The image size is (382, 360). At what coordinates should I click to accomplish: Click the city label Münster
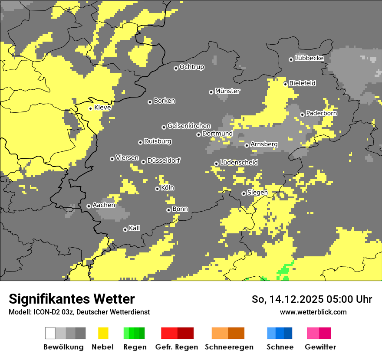tap(227, 91)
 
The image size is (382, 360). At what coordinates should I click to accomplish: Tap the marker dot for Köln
tap(157, 189)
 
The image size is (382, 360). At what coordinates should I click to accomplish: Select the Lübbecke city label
tap(310, 58)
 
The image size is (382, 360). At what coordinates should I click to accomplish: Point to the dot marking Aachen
tap(89, 206)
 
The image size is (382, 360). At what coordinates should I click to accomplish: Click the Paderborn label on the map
tap(322, 113)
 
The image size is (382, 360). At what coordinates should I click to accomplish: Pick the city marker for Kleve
tap(90, 108)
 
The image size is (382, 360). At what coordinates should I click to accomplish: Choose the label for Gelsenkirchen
tap(189, 126)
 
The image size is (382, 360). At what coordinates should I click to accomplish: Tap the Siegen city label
tap(257, 193)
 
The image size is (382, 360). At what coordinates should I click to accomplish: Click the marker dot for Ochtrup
tap(176, 68)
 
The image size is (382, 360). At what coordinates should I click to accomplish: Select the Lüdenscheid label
tap(239, 163)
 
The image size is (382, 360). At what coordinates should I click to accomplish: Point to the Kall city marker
tap(125, 229)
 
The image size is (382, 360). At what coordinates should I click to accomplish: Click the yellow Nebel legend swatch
tap(103, 333)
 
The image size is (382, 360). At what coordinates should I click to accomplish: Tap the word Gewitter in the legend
tap(320, 347)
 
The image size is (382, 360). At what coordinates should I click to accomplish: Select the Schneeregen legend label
tap(229, 347)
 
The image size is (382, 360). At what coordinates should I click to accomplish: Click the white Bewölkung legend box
tap(50, 333)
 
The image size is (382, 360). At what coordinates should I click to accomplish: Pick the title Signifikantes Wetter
tap(72, 299)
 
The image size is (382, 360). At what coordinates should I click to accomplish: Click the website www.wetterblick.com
tap(313, 312)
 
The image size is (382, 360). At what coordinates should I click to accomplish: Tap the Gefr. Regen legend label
tap(177, 347)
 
